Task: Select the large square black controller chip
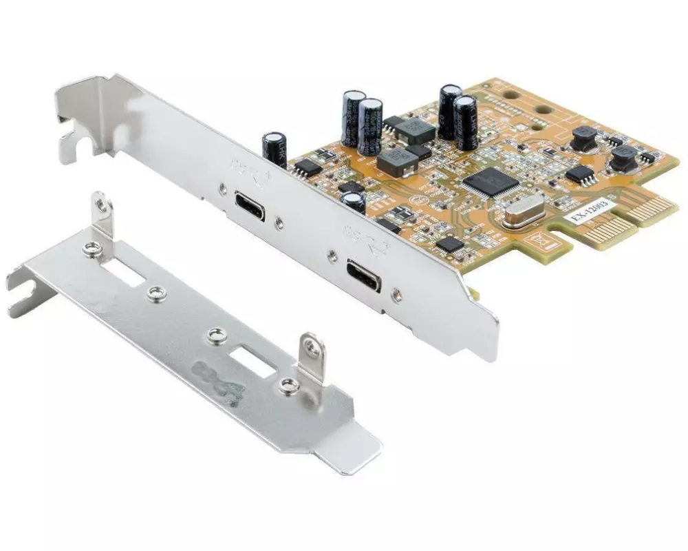[491, 182]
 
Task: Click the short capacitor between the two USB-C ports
[354, 202]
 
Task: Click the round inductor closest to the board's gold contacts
[624, 158]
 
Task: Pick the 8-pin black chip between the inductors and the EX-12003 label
[580, 174]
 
